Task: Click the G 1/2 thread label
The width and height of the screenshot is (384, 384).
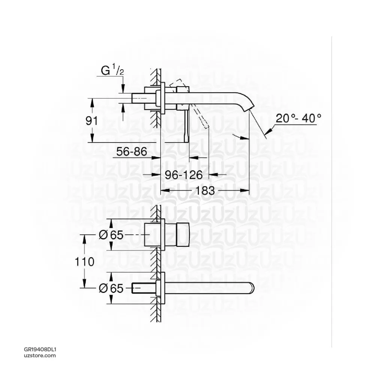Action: click(x=112, y=70)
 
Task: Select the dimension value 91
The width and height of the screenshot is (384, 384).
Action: click(x=91, y=121)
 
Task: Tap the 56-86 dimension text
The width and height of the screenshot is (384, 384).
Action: click(x=132, y=151)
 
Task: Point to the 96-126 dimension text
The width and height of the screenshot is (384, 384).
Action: click(x=184, y=175)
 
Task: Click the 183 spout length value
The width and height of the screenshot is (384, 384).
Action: click(x=205, y=190)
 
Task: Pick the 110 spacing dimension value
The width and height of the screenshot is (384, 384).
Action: click(x=84, y=262)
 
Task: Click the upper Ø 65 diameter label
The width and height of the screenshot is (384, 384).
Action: click(x=111, y=235)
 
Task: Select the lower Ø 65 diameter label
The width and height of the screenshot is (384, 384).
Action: click(x=111, y=288)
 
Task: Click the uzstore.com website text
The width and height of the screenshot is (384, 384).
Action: click(x=40, y=355)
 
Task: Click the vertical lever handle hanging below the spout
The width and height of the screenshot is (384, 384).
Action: click(x=187, y=126)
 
